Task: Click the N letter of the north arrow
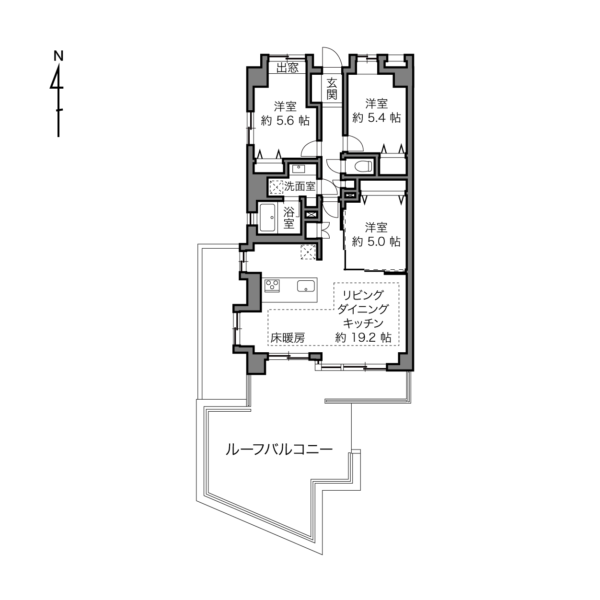(58, 56)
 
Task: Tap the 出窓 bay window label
(288, 67)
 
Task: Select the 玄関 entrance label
(332, 89)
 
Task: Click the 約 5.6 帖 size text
(285, 120)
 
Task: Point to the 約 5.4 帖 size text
(377, 118)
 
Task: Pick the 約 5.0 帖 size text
(376, 242)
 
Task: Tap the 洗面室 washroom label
(300, 186)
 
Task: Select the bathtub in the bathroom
(267, 218)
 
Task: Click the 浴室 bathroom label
(289, 218)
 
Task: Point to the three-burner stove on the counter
(272, 286)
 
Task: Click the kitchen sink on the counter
(306, 286)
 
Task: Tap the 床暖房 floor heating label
(287, 338)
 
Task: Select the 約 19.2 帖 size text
(363, 337)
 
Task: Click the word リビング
(363, 295)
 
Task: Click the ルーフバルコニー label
(279, 450)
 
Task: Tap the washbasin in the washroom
(299, 169)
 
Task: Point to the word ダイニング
(363, 309)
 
